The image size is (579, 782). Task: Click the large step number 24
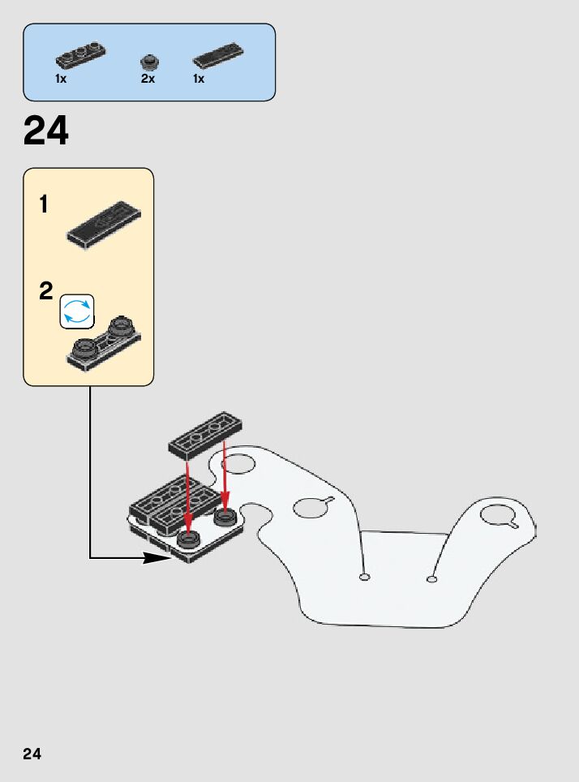(x=46, y=131)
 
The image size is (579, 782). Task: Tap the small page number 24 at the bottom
(x=32, y=754)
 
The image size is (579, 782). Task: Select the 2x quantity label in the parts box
(x=148, y=79)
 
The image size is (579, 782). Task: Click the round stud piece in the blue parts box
(x=148, y=61)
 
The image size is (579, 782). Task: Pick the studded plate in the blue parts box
(x=80, y=55)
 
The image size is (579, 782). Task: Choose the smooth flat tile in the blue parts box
(x=217, y=55)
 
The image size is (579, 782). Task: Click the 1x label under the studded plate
(x=62, y=79)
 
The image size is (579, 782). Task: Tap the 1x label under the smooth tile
(x=199, y=79)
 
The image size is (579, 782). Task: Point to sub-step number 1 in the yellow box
(x=44, y=205)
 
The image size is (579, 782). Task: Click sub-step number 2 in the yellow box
(x=45, y=291)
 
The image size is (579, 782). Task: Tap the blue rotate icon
(x=77, y=312)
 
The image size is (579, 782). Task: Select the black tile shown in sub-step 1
(x=104, y=224)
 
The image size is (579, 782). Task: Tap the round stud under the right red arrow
(x=225, y=516)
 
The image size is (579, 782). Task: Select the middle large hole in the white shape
(x=308, y=508)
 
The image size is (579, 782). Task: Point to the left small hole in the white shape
(x=364, y=578)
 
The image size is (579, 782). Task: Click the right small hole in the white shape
(x=432, y=579)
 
